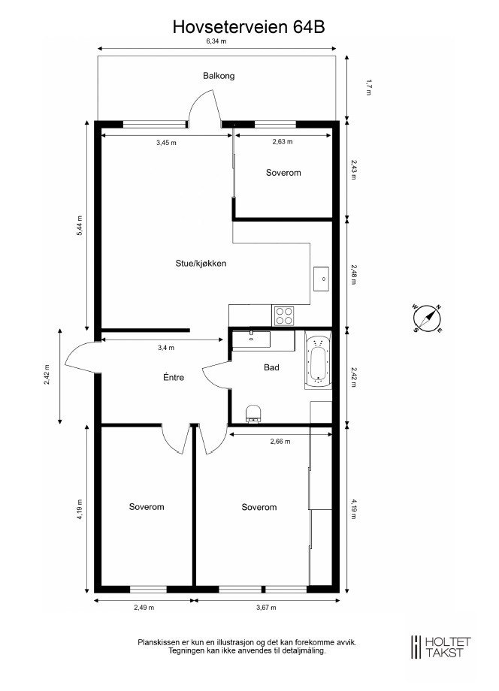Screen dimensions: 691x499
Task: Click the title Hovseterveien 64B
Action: point(249,28)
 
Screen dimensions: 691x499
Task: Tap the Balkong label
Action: point(219,76)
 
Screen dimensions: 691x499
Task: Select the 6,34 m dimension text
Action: point(216,42)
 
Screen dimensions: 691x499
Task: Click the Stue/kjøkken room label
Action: point(201,263)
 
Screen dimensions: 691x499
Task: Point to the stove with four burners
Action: point(284,315)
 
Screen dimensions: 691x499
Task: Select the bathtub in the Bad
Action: point(319,362)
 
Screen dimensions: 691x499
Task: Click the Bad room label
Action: point(271,368)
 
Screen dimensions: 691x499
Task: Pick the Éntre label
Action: point(174,377)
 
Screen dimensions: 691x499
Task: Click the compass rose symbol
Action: point(426,318)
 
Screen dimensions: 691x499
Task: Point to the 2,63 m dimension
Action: point(283,142)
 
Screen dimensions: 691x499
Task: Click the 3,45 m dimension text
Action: point(166,142)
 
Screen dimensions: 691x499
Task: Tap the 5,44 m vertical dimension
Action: point(80,226)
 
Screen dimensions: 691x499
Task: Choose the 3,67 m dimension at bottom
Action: point(266,607)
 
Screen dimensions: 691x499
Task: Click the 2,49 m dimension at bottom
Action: point(144,607)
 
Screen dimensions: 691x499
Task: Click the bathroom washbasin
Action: point(251,339)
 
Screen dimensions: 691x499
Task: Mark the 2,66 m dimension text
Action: point(280,442)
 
